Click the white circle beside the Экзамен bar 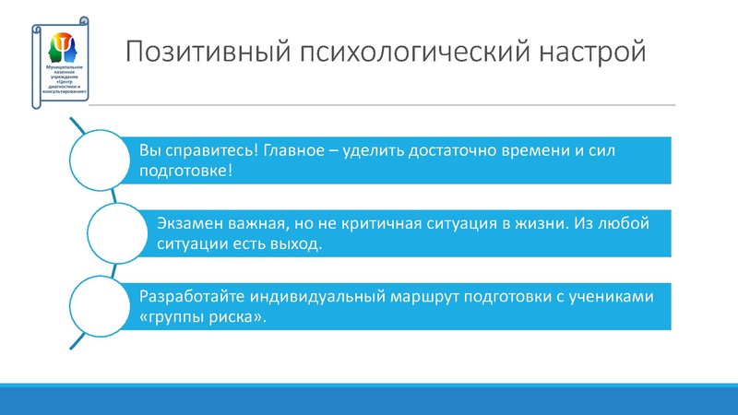[121, 232]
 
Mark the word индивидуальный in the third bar [298, 298]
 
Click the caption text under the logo [63, 81]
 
